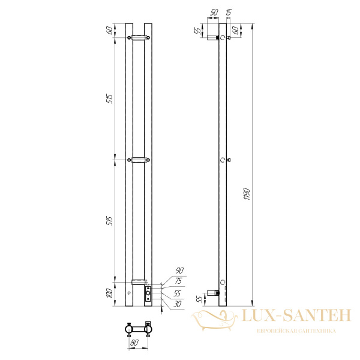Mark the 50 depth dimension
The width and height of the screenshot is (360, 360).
pos(214,12)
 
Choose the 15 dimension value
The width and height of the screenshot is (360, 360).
pos(230,12)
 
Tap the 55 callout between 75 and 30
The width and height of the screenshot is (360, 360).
pos(178,293)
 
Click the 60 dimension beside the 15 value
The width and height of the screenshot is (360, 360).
pos(236,29)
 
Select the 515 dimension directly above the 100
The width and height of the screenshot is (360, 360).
pos(110,221)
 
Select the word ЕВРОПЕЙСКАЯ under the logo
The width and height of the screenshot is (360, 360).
pos(272,331)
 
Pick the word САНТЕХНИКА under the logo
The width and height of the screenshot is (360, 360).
pos(316,331)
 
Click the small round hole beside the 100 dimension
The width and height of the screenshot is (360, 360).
pos(128,293)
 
